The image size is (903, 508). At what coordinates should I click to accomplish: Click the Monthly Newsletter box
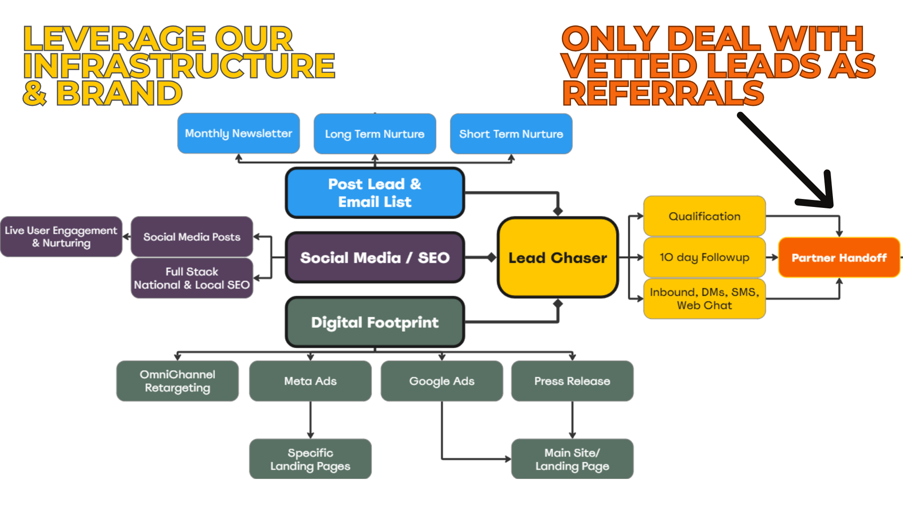click(x=238, y=134)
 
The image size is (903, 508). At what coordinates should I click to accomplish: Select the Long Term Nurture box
click(x=375, y=134)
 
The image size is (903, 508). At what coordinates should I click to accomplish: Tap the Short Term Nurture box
click(x=511, y=134)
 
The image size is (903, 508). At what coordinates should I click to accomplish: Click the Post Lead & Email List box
click(x=375, y=193)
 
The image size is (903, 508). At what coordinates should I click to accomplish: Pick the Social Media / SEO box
click(x=375, y=258)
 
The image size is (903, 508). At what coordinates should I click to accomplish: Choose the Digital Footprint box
click(x=375, y=322)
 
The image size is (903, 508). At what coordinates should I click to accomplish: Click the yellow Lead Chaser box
click(x=558, y=258)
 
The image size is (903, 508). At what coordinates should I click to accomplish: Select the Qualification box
click(x=705, y=216)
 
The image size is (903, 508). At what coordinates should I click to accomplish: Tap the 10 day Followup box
click(x=705, y=257)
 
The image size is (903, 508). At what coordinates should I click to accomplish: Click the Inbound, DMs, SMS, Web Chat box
click(x=705, y=299)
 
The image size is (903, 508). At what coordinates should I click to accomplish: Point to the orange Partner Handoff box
click(x=839, y=258)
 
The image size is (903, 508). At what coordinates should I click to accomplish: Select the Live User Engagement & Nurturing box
click(x=61, y=237)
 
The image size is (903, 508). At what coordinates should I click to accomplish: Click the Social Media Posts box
click(x=192, y=237)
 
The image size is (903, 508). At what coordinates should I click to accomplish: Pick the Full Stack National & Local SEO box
click(x=192, y=278)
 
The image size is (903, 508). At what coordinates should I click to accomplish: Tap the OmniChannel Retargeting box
click(x=177, y=381)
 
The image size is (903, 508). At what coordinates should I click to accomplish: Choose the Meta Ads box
click(x=310, y=381)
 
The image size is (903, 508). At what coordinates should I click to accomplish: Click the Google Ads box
click(x=442, y=381)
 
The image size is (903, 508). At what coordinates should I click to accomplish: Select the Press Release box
click(x=572, y=381)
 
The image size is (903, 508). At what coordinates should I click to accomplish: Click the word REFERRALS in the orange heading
click(x=663, y=93)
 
